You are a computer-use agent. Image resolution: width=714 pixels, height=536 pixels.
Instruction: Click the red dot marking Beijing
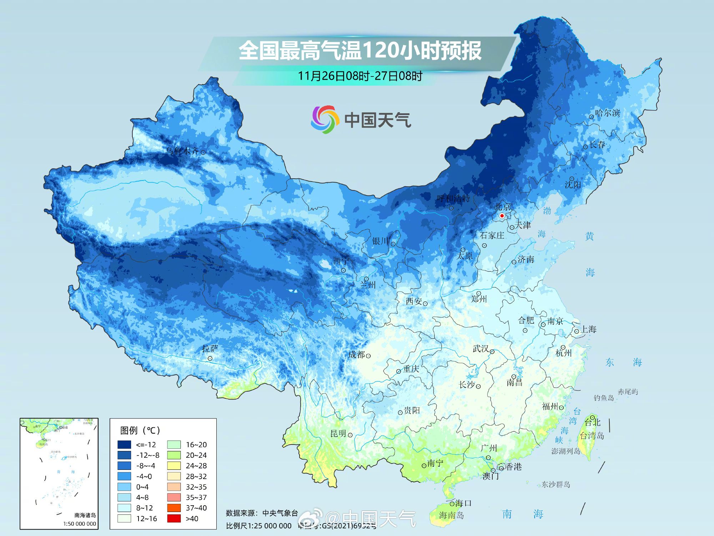coord(502,215)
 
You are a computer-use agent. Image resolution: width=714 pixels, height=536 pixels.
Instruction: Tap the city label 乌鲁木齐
coord(182,151)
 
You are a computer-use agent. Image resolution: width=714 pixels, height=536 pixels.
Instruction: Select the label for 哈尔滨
coord(608,113)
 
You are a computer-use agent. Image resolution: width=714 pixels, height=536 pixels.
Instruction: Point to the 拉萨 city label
coord(210,348)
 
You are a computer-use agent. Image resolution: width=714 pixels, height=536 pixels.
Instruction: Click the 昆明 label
coord(338,434)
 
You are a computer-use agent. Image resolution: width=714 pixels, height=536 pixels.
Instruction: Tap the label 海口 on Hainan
coord(463,503)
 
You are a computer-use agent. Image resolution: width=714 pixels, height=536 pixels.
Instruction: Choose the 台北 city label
coord(593,423)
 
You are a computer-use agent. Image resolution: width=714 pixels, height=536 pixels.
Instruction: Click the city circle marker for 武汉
coord(492,352)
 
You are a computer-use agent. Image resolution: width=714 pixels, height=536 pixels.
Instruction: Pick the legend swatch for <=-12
coord(124,445)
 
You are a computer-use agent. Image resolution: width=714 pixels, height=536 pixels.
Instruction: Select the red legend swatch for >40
coord(174,518)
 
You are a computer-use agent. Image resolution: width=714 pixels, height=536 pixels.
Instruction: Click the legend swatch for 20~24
coord(174,455)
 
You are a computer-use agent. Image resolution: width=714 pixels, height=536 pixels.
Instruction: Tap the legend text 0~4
coord(142,487)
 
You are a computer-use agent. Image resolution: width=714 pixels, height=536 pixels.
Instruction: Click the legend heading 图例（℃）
coord(140,430)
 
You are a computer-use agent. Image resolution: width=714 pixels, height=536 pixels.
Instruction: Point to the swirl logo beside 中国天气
coord(324,119)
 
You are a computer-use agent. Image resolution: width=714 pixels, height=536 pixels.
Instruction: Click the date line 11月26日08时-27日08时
coord(360,76)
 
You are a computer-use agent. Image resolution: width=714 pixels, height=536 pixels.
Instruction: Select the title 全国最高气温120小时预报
coord(360,50)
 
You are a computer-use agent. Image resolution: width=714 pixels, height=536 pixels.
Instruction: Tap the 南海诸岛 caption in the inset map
coord(85,515)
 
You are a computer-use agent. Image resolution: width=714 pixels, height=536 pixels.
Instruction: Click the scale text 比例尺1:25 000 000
coord(258,526)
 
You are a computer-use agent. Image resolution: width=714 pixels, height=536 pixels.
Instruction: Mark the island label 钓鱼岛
coord(604,398)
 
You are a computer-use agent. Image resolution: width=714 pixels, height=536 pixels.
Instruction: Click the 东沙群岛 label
coord(556,485)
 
